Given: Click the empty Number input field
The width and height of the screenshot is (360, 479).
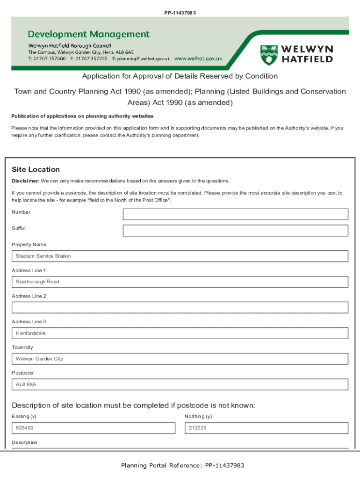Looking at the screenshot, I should pos(235,214).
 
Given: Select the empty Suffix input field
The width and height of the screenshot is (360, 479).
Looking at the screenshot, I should pos(235,231).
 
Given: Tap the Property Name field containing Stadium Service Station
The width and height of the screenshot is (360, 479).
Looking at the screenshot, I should pos(180,256).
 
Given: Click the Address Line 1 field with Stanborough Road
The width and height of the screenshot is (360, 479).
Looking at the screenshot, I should pos(180,282).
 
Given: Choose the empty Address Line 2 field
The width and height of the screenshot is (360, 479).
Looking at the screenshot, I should pos(180,307).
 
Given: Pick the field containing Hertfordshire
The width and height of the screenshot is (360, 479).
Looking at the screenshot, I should pos(180,333).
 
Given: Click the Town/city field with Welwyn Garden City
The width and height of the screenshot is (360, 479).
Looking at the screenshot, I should pos(180,359).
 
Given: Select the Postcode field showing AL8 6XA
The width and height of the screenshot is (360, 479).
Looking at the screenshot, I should pos(180,385).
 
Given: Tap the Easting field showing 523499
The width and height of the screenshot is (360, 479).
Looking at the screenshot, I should pos(94,428).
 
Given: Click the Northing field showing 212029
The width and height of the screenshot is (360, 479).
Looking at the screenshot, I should pos(266,428).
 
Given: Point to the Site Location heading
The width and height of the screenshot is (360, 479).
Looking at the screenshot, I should pos(36,169).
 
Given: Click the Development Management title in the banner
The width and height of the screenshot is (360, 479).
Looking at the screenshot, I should pos(89,34).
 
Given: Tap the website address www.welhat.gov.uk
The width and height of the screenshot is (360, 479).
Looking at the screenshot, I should pos(198,59).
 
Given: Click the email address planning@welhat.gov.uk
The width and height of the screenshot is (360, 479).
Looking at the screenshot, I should pos(144,59).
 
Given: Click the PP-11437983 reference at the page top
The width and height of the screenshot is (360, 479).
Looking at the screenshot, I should pos(180,13).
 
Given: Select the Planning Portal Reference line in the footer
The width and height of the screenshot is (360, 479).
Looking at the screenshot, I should pos(183,465).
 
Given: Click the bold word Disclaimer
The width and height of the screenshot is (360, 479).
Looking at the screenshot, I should pos(25,181).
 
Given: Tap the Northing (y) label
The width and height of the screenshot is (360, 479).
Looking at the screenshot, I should pos(198,416).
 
